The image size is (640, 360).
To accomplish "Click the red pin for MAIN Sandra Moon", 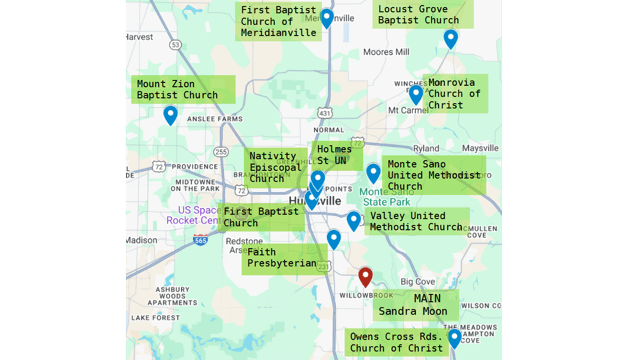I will click(366, 277).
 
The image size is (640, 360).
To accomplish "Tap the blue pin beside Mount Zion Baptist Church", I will click(170, 115).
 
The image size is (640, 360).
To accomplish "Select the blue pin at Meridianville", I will click(327, 18).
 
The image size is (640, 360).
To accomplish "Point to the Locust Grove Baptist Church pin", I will click(451, 39).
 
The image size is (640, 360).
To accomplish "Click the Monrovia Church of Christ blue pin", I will click(416, 94).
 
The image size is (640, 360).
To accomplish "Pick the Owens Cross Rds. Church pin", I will click(454, 338).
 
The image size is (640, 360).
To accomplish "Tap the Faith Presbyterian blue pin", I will click(334, 239).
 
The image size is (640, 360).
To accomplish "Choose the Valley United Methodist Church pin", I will click(353, 221).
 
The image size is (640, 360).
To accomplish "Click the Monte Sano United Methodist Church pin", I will click(373, 173).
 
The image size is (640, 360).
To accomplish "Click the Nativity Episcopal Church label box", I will click(275, 167).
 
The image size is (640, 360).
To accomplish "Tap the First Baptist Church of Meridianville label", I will click(281, 21).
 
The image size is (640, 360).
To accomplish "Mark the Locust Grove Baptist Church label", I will click(418, 14).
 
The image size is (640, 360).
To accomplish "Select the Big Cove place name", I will click(418, 282).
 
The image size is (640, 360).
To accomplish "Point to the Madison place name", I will click(141, 240).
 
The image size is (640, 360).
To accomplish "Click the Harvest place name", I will click(139, 37).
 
